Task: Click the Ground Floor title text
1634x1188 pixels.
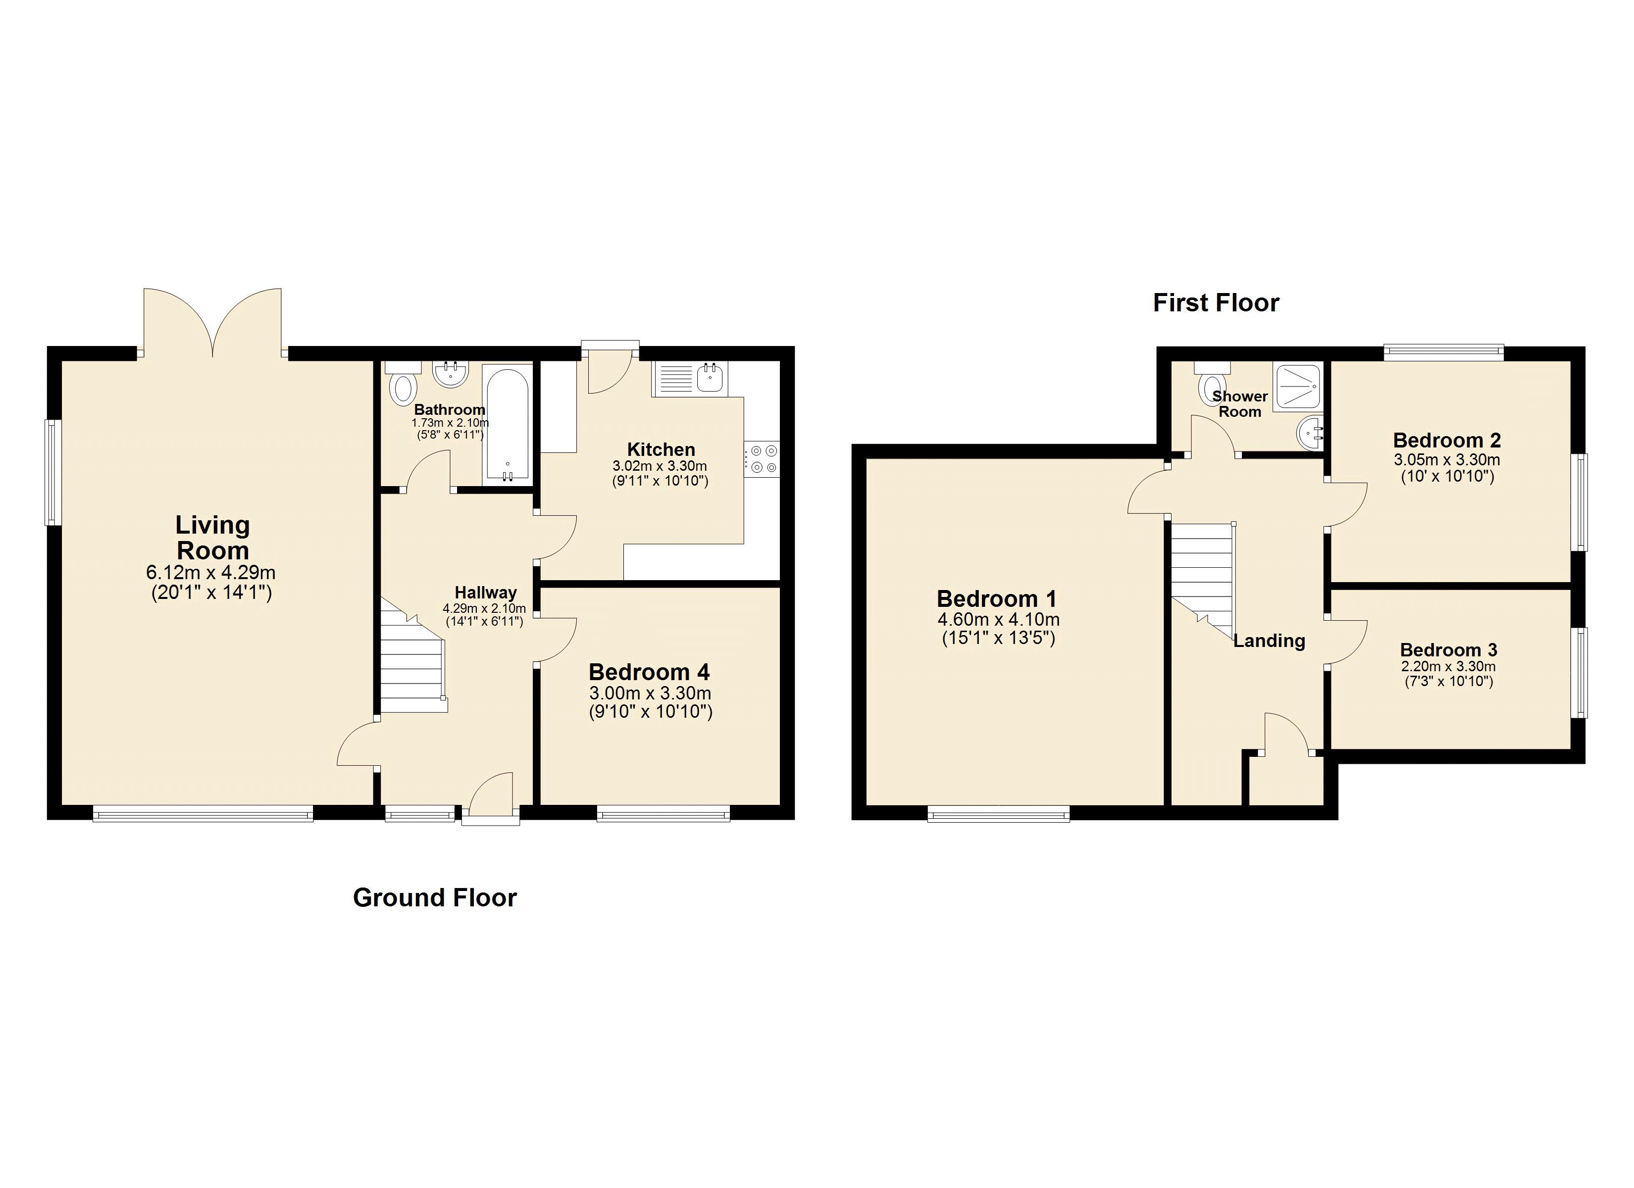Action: tap(434, 897)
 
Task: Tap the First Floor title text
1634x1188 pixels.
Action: tap(1216, 302)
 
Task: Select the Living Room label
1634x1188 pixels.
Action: tap(212, 538)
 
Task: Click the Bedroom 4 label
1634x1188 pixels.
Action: tap(649, 672)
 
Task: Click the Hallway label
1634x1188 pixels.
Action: tap(486, 592)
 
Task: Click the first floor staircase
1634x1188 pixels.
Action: tap(1201, 576)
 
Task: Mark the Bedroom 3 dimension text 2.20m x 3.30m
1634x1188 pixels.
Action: tap(1448, 666)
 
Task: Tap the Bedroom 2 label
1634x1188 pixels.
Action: tap(1447, 440)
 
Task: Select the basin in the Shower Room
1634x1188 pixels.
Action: tap(1311, 434)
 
